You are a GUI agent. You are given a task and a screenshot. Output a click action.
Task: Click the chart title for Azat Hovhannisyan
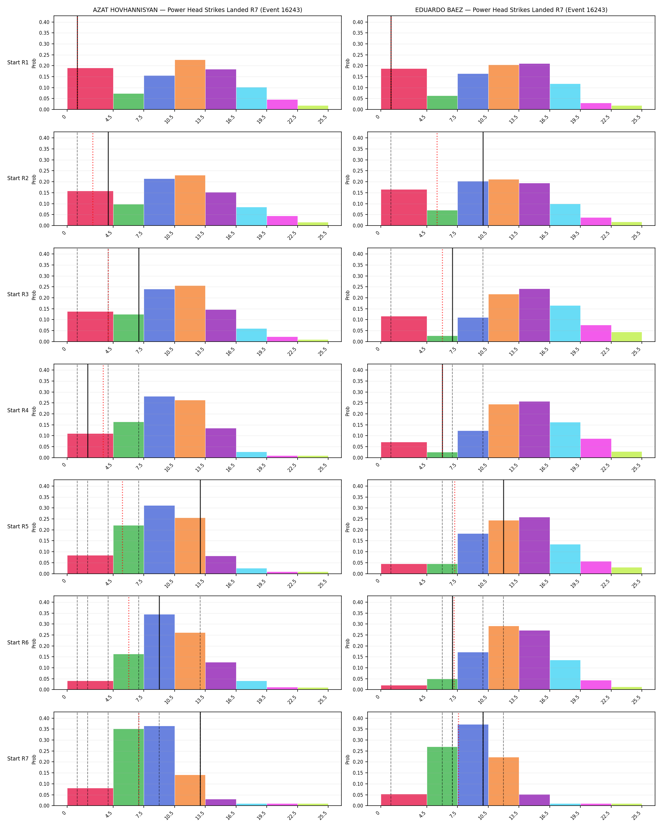[x=197, y=10]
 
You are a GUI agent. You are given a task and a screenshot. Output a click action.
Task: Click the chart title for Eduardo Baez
[x=511, y=10]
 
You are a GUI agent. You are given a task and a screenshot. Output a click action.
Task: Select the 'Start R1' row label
[x=18, y=62]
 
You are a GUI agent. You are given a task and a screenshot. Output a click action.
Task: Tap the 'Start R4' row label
[x=18, y=411]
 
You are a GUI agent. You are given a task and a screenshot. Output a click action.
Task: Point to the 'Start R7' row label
[x=18, y=759]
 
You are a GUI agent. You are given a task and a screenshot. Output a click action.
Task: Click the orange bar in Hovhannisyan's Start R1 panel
[x=190, y=85]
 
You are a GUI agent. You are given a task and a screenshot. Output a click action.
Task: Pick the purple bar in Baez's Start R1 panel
[x=534, y=86]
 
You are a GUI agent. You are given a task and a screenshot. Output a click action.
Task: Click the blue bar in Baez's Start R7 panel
[x=473, y=765]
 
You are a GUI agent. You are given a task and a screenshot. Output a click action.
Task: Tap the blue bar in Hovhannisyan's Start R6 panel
[x=159, y=652]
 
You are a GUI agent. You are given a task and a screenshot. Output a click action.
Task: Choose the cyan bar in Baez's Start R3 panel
[x=565, y=323]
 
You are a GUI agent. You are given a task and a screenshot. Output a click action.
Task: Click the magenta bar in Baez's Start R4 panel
[x=595, y=448]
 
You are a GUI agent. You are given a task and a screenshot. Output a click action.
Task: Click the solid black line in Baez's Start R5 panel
[x=503, y=527]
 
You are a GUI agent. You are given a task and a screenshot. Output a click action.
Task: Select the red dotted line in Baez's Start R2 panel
[x=437, y=179]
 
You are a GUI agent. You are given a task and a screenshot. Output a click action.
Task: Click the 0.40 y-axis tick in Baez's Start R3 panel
[x=358, y=254]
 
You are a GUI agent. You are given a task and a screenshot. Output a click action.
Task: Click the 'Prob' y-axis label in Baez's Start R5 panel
[x=348, y=527]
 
